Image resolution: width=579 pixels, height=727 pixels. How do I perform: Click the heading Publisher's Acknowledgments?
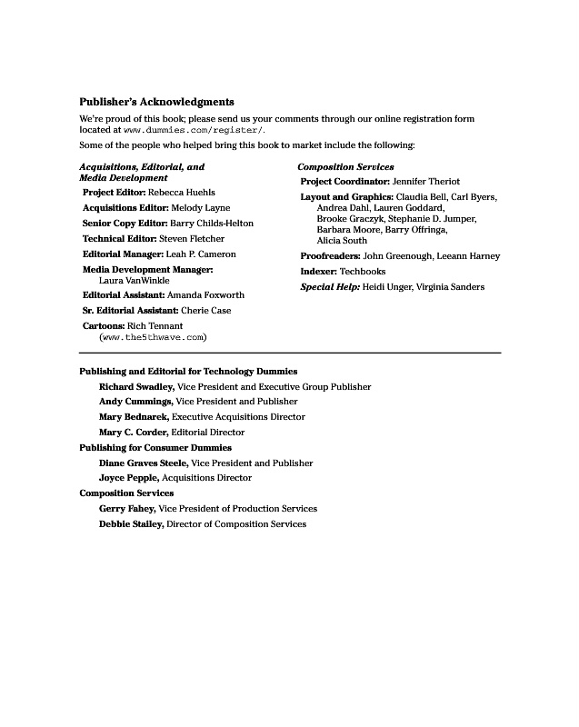coord(156,103)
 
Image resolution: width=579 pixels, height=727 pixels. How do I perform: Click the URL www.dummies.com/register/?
coord(194,131)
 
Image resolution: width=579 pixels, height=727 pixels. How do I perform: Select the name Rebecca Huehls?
coord(182,193)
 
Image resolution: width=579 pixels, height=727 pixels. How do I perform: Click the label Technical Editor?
coord(119,239)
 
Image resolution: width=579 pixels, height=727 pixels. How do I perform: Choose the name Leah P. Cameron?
coord(201,254)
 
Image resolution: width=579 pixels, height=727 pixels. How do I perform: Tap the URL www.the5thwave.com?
coord(153,337)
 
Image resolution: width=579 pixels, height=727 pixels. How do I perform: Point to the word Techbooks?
coord(363,272)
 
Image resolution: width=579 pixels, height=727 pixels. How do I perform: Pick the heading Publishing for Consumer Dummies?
coord(155,448)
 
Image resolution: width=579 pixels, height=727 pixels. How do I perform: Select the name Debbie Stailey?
coord(131,524)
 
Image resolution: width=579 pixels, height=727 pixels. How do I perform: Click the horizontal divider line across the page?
coord(290,353)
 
